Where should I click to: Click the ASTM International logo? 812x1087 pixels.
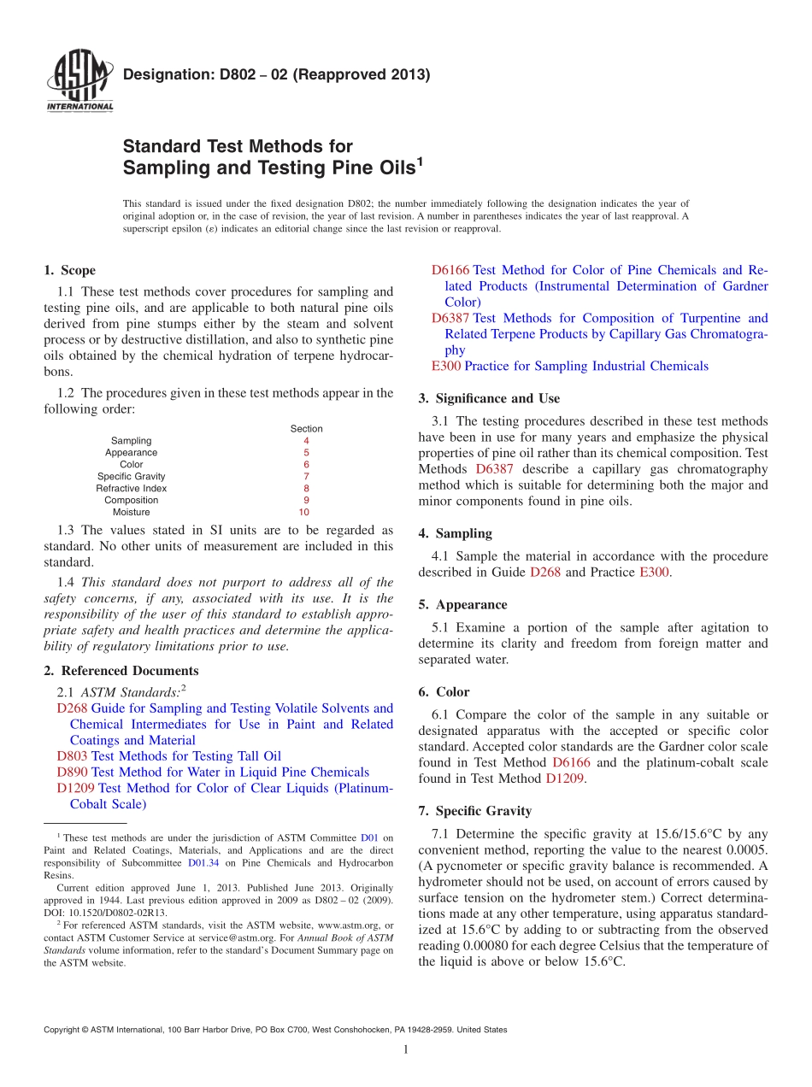tap(79, 82)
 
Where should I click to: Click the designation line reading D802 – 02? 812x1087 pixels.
tap(275, 75)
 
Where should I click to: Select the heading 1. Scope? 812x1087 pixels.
tap(69, 271)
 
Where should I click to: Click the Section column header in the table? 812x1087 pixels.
tap(306, 429)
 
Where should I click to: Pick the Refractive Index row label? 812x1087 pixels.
tap(131, 489)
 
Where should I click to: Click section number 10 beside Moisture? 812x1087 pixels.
tap(303, 513)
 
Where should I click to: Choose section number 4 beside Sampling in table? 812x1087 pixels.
tap(306, 441)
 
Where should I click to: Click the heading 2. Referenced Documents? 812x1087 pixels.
tap(121, 671)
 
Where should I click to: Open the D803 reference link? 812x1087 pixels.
tap(72, 756)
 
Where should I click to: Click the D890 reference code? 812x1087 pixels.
tap(72, 773)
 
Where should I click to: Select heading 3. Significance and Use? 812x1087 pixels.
tap(489, 398)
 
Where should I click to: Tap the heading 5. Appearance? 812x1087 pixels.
tap(462, 604)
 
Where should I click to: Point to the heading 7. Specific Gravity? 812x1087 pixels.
tap(474, 811)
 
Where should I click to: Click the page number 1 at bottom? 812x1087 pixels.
tap(406, 1050)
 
